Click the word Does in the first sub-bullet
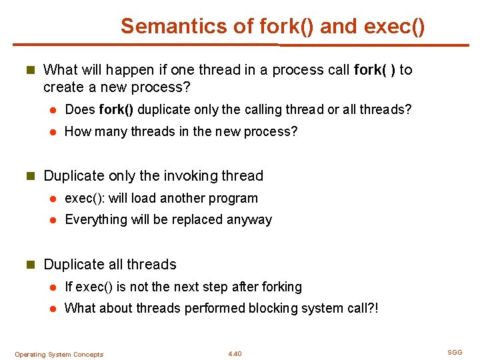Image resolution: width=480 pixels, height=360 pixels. pos(80,109)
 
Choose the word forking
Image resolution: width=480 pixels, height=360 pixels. pos(282,287)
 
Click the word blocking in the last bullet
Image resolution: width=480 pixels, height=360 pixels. pos(270,308)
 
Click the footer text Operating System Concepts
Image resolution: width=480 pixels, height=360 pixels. pos(59,355)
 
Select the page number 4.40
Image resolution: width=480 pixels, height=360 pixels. pos(235,354)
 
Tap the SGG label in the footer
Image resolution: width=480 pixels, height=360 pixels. pos(455,352)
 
